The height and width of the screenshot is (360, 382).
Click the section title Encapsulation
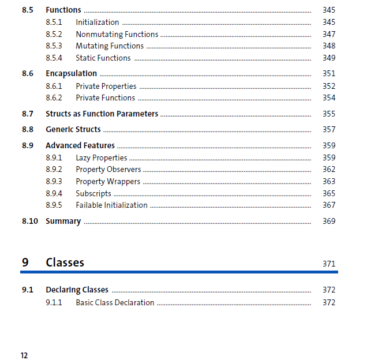coord(71,73)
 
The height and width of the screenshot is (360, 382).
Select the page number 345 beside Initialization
coord(328,22)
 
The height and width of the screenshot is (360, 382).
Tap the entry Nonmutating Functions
coord(117,34)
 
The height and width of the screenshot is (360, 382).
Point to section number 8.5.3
coord(54,46)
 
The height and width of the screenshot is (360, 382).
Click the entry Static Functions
coord(103,58)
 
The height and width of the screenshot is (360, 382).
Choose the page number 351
coord(328,73)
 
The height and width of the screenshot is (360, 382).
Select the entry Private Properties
coord(106,86)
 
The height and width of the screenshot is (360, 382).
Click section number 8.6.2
coord(54,97)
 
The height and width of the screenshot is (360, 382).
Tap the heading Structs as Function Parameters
coord(102,114)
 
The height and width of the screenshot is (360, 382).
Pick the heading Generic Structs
coord(73,129)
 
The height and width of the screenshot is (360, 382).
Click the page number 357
coord(328,129)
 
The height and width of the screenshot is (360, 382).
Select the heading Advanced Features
coord(80,145)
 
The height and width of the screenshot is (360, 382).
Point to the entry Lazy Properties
coord(101,157)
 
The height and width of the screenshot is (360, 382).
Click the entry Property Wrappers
coord(107,181)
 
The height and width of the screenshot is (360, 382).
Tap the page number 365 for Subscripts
coord(328,193)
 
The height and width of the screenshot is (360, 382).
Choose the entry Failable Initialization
coord(111,205)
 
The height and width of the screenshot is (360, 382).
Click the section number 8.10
coord(30,221)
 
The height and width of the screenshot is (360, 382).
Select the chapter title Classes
coord(65,262)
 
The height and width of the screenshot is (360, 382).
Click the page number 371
coord(328,264)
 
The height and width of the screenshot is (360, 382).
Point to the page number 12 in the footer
coord(24,355)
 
